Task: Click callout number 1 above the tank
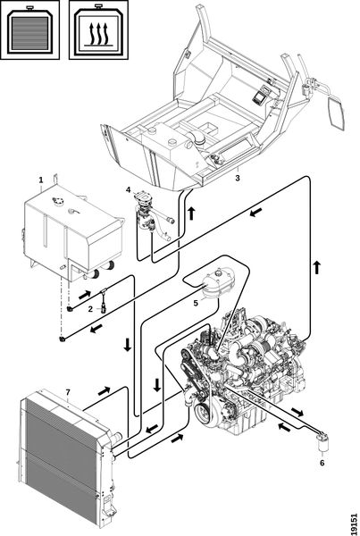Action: point(41,180)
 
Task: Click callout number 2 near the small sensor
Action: point(90,309)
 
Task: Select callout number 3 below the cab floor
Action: point(238,178)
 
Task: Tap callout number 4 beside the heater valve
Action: point(128,189)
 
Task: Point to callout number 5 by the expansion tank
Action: point(196,303)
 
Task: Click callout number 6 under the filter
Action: point(322,463)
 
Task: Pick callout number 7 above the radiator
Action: point(68,391)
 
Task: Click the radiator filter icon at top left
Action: point(29,29)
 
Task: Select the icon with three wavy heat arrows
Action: point(99,29)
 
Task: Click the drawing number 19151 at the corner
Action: point(354,523)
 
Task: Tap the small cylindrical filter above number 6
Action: point(321,442)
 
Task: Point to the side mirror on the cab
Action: point(336,112)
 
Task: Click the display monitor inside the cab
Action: point(261,94)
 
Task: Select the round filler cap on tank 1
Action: point(58,201)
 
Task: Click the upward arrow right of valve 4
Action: point(192,213)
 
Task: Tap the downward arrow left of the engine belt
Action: point(157,385)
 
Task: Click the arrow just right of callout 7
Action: point(105,390)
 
